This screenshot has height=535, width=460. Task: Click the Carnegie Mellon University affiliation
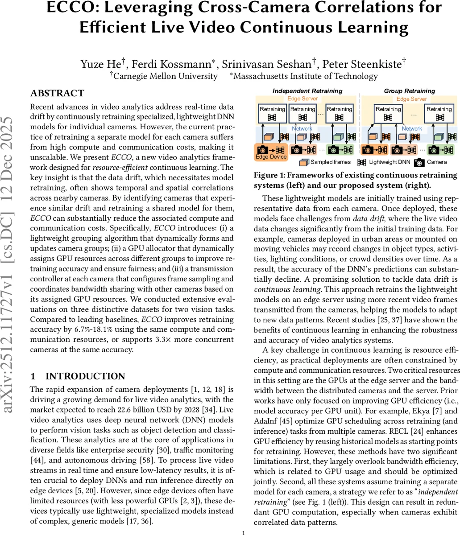(166, 76)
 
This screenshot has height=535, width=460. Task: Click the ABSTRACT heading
(57, 94)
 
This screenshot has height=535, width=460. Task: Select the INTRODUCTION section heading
(85, 376)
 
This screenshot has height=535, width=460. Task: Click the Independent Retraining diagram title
(307, 91)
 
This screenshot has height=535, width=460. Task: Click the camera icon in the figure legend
(419, 162)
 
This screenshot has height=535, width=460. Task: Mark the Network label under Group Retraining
(412, 128)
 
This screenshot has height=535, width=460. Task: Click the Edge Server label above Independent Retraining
(303, 99)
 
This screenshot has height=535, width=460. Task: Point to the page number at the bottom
(243, 532)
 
